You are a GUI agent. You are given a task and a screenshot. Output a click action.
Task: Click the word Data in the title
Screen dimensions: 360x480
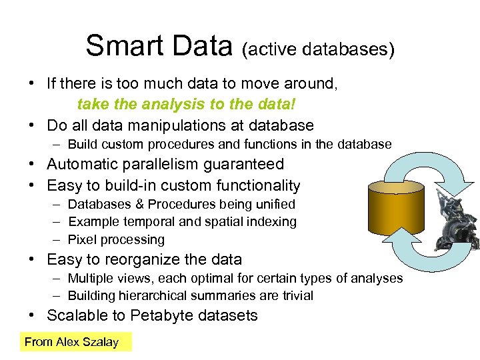[x=200, y=46]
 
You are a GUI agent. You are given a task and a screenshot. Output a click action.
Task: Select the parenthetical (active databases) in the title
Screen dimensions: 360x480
[x=318, y=49]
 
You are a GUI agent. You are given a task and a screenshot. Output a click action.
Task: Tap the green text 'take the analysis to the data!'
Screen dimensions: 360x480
[x=186, y=105]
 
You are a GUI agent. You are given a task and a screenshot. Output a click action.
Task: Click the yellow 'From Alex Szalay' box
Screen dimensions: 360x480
[x=75, y=342]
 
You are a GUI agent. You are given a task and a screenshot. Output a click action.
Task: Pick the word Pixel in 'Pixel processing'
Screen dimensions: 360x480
[x=82, y=239]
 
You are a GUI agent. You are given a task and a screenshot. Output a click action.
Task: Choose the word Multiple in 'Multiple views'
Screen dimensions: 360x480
[x=90, y=278]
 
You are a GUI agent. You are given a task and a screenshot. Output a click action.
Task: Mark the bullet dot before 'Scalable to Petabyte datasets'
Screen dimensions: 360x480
[x=31, y=315]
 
